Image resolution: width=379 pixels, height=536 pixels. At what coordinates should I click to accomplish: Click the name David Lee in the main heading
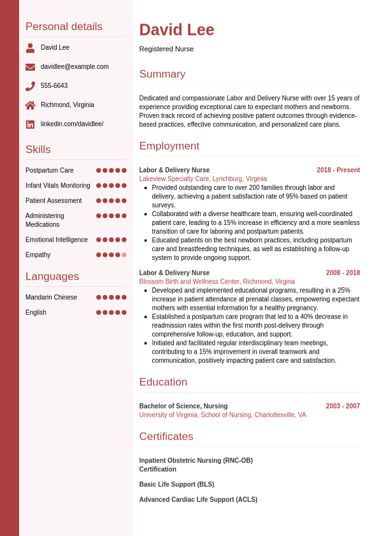click(x=176, y=30)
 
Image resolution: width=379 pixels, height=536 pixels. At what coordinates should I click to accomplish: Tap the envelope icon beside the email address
click(x=30, y=67)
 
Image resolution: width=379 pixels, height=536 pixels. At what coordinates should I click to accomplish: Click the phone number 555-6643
click(x=54, y=86)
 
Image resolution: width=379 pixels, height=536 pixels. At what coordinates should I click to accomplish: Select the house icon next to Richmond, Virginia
click(x=30, y=105)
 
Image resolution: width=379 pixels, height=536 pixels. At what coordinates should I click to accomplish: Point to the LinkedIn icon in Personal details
click(x=30, y=124)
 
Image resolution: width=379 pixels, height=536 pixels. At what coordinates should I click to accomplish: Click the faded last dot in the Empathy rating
click(x=124, y=255)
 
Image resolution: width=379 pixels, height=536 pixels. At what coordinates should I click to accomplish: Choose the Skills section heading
click(x=38, y=150)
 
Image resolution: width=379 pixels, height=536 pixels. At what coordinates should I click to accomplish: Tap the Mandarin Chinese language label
click(x=51, y=298)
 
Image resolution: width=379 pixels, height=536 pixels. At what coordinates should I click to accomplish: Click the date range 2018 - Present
click(x=338, y=170)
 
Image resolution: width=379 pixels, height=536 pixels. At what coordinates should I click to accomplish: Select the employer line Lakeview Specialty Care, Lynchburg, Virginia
click(x=203, y=179)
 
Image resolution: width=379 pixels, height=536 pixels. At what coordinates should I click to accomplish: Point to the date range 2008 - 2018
click(x=343, y=273)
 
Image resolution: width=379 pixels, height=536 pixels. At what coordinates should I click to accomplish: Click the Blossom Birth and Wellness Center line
click(x=217, y=282)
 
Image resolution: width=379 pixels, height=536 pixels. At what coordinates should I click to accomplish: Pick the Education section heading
click(x=163, y=382)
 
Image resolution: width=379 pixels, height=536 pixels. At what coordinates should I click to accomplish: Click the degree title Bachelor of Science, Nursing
click(x=183, y=406)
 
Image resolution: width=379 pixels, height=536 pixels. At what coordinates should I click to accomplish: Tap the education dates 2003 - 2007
click(x=343, y=406)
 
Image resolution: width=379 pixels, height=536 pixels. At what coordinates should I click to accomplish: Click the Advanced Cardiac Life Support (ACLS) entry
click(x=198, y=500)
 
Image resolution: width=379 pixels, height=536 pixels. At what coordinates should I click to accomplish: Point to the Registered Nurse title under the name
click(x=166, y=49)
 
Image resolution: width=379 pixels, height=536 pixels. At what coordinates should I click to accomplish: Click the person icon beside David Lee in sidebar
click(x=30, y=48)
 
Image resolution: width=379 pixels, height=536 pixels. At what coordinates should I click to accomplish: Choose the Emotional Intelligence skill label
click(x=57, y=240)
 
